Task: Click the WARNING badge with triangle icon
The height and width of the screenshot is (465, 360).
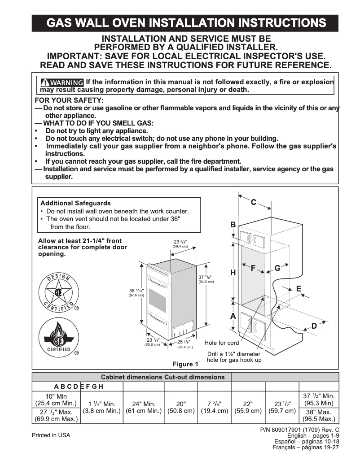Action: (62, 83)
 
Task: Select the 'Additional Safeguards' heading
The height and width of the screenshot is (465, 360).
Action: (75, 203)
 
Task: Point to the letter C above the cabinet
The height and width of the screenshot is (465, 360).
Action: (253, 202)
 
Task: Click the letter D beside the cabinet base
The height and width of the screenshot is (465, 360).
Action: (314, 326)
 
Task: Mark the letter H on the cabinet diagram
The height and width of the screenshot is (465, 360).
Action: (233, 272)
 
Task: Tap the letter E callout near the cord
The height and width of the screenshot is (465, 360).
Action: (299, 289)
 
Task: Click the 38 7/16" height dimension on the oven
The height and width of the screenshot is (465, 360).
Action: (136, 292)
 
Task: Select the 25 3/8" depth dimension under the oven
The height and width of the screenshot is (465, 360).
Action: (184, 344)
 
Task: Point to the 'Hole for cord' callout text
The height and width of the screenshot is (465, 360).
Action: (222, 343)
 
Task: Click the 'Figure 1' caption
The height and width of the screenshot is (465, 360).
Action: (185, 364)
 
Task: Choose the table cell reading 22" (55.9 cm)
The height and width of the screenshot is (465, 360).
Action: (249, 407)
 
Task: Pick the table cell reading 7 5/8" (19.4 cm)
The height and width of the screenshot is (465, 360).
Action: (214, 407)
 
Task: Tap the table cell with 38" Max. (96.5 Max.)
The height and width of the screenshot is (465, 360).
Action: (318, 416)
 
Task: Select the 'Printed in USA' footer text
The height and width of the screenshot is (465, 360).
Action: (51, 435)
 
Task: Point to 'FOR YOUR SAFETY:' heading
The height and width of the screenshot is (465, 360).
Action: (69, 100)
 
